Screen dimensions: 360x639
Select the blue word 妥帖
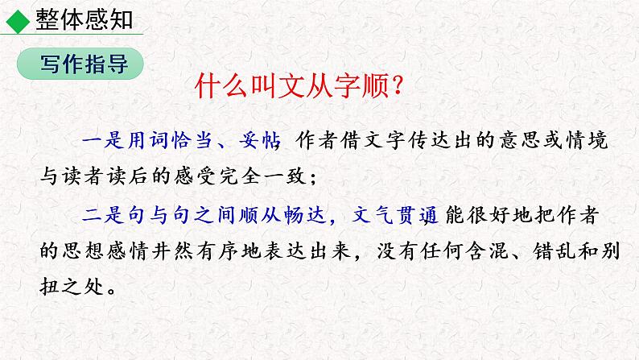click(x=261, y=141)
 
